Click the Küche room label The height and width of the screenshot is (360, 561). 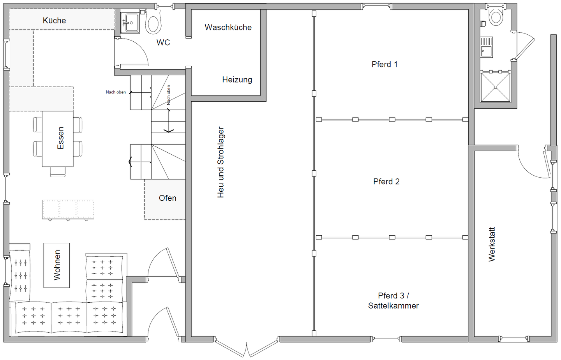tap(55, 20)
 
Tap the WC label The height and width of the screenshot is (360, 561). tap(163, 42)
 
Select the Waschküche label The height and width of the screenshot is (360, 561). tap(228, 27)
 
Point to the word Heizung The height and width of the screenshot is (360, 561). tap(237, 79)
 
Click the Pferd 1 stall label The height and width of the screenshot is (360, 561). tap(385, 64)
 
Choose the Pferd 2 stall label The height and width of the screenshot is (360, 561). tap(386, 182)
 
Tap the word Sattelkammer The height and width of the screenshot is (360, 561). tap(393, 305)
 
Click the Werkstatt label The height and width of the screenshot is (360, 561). tap(492, 245)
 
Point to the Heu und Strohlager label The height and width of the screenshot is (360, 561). tap(221, 162)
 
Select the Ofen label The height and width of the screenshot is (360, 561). tap(168, 198)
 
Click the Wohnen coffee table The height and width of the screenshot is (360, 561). tap(56, 265)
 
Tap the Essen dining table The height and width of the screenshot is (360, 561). tap(58, 139)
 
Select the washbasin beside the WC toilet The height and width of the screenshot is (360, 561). tap(130, 23)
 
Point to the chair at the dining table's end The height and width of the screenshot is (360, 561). tap(58, 172)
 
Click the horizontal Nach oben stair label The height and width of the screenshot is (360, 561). tap(116, 92)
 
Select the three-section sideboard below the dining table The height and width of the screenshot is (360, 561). tap(68, 210)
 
